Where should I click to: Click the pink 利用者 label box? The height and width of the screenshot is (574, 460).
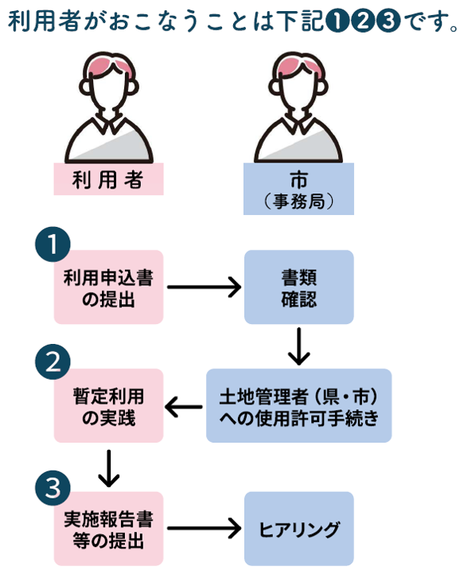click(108, 180)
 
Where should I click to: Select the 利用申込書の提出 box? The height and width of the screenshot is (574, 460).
click(108, 287)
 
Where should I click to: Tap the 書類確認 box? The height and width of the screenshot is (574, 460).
click(298, 287)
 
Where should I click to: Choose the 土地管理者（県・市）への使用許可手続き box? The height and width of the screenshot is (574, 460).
click(298, 405)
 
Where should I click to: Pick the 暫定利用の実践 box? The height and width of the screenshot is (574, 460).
click(108, 405)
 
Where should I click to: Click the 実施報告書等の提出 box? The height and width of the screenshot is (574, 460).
click(108, 528)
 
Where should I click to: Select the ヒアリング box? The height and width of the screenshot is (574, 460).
click(298, 528)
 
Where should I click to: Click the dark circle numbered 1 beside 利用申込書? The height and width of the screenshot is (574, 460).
click(53, 246)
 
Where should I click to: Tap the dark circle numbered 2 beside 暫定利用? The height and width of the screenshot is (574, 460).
click(53, 363)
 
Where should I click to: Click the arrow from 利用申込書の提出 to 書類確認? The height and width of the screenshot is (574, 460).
click(204, 287)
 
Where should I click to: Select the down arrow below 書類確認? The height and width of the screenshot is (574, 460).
click(298, 346)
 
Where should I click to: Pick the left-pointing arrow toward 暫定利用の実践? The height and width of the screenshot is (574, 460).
click(184, 408)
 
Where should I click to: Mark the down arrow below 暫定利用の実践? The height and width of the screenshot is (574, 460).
click(108, 467)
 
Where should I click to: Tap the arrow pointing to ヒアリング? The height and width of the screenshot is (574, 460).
click(204, 528)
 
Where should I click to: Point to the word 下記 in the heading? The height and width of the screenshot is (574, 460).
click(306, 21)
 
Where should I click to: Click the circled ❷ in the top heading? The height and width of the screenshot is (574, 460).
click(364, 22)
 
